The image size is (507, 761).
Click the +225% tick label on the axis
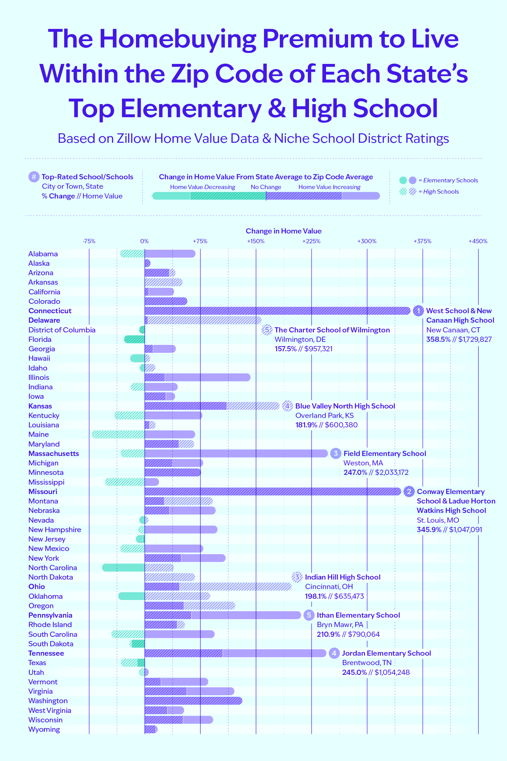[311, 241]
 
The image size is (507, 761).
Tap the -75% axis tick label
[89, 241]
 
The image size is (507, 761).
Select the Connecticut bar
[277, 310]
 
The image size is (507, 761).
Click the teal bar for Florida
[134, 339]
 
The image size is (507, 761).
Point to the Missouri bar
[273, 492]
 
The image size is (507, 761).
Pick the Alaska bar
[148, 263]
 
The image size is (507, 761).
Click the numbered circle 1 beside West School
[418, 311]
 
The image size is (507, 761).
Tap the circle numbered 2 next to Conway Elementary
[409, 492]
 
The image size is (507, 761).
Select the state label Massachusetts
[54, 454]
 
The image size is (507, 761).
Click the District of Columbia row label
[62, 330]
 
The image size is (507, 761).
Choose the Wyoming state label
[44, 729]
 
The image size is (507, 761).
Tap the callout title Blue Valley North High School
[345, 406]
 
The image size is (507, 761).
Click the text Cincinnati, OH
[329, 587]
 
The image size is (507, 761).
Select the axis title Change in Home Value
[283, 231]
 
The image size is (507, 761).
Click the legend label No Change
[266, 187]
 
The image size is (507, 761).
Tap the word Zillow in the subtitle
[134, 139]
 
